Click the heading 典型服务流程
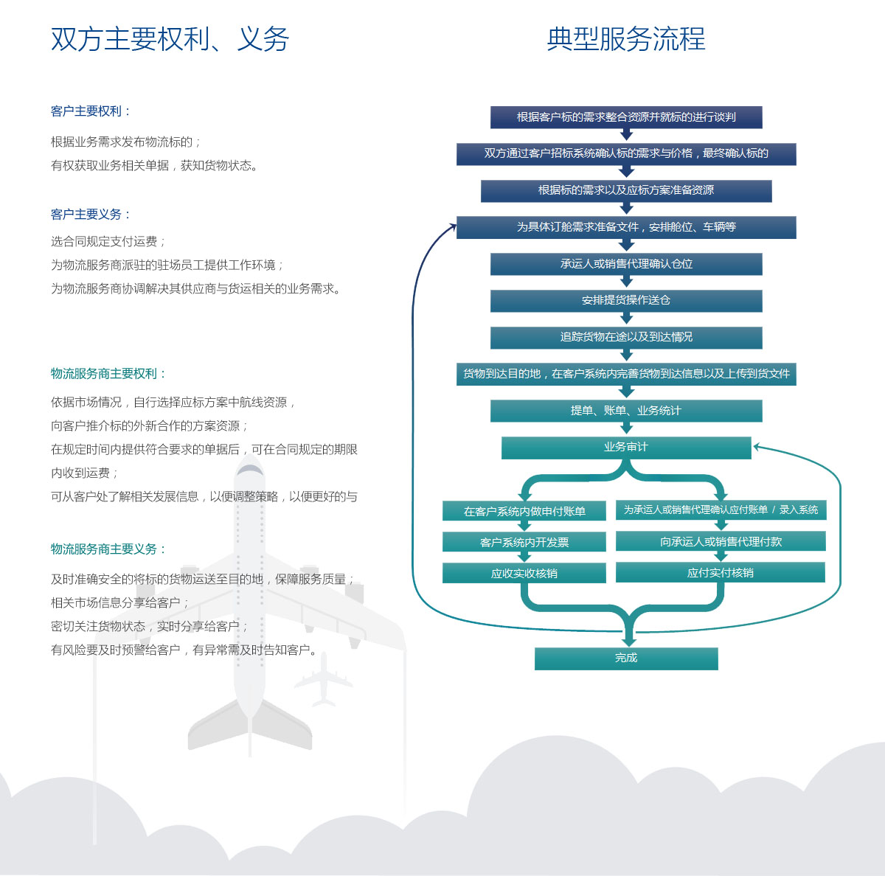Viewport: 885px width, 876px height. point(625,39)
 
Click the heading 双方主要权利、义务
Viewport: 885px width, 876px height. point(170,39)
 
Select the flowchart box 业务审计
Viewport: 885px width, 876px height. point(626,448)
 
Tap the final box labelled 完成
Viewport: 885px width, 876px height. point(626,658)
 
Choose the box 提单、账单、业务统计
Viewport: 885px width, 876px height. point(626,411)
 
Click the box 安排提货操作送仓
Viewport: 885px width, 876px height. point(626,301)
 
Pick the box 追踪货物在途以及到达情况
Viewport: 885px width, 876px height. point(626,338)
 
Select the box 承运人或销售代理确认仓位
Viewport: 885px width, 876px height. point(626,264)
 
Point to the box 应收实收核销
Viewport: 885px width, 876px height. point(524,573)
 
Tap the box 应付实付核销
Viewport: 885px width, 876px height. point(721,572)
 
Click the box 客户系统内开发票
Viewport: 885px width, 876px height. point(524,542)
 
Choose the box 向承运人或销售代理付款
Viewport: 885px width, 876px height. point(721,541)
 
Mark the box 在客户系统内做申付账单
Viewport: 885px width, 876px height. point(524,511)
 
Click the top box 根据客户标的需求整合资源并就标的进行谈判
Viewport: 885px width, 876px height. point(626,117)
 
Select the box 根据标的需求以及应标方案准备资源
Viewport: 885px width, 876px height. point(626,190)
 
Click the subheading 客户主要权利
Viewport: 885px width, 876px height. point(90,111)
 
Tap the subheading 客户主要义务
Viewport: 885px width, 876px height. point(90,215)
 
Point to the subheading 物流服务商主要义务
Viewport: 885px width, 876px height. point(108,549)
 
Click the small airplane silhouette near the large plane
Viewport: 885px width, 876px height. point(324,678)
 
